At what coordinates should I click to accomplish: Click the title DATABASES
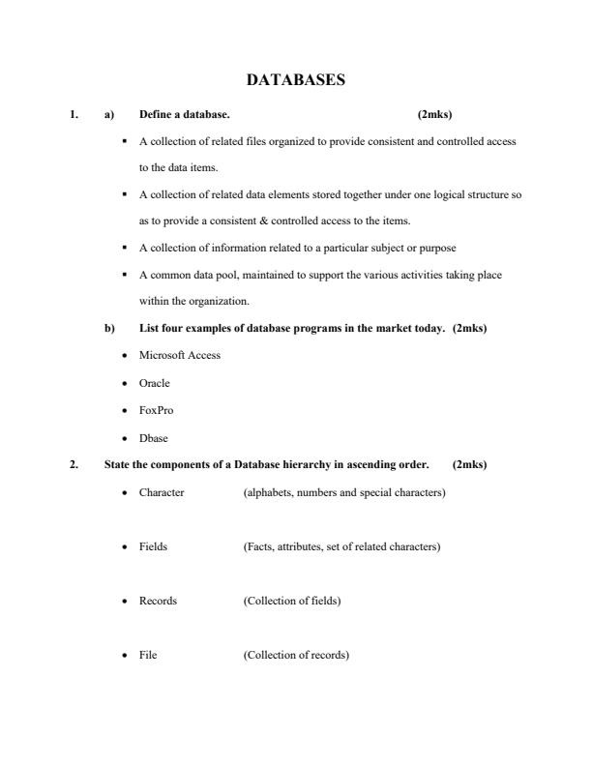295,81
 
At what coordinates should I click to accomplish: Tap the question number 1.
74,114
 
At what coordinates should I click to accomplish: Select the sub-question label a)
109,114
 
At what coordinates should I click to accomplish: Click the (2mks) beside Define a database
434,114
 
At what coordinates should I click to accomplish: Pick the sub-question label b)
109,328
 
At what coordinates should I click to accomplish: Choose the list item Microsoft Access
180,355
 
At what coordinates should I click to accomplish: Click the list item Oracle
155,383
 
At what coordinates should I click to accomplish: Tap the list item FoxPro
157,410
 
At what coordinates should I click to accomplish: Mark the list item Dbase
154,437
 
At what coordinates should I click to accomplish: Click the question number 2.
74,464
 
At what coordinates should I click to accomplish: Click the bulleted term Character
162,492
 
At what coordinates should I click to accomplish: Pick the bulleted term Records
158,601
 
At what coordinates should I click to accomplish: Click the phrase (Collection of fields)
292,601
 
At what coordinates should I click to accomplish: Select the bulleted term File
148,655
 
